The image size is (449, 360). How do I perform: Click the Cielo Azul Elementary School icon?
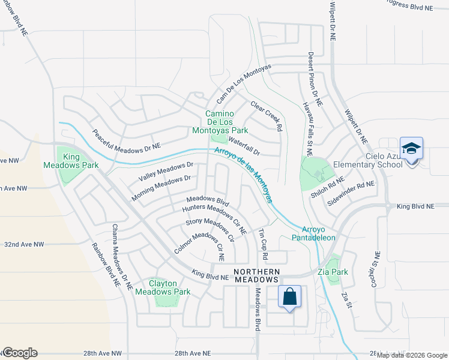pyautogui.click(x=411, y=148)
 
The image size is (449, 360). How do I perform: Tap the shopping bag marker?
pyautogui.click(x=289, y=296)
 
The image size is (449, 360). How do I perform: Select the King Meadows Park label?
pyautogui.click(x=71, y=161)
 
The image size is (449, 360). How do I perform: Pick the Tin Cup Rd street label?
pyautogui.click(x=263, y=243)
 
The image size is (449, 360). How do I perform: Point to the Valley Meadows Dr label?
pyautogui.click(x=166, y=172)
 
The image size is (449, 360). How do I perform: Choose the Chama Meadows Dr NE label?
pyautogui.click(x=121, y=257)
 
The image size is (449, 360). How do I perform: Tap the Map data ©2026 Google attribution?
pyautogui.click(x=412, y=355)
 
